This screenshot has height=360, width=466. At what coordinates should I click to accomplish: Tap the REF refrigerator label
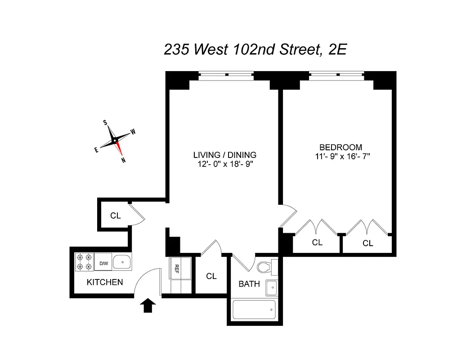click(x=177, y=269)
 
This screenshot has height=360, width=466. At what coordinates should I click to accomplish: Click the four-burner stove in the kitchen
click(x=84, y=262)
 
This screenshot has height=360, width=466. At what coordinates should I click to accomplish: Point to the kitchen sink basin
click(x=121, y=261)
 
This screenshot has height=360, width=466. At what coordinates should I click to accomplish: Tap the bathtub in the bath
click(x=254, y=310)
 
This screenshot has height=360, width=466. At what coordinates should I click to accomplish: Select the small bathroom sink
click(x=271, y=288)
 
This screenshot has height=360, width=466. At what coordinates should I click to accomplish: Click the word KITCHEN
click(x=105, y=283)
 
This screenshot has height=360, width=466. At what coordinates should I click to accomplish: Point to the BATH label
click(x=249, y=284)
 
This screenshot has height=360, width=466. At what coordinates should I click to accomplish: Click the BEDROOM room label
click(x=341, y=147)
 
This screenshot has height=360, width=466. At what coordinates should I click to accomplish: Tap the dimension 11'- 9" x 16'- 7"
click(x=343, y=157)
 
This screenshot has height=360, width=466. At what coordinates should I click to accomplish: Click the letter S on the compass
click(x=105, y=122)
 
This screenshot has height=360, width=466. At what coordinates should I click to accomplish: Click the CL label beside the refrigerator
click(x=211, y=276)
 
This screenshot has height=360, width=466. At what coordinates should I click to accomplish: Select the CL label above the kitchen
click(x=116, y=216)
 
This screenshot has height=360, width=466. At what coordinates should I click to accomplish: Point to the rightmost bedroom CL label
click(x=368, y=243)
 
